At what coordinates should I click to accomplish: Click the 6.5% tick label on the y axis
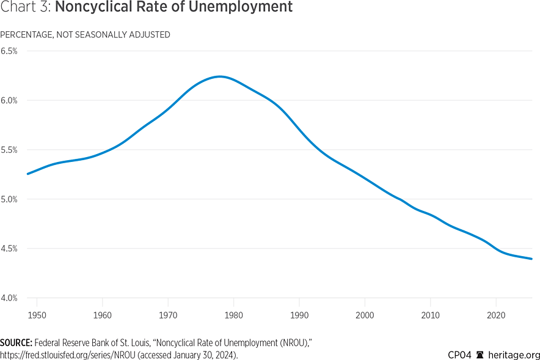click(9, 51)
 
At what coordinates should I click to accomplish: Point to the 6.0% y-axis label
click(9, 100)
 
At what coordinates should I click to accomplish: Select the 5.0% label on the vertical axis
click(9, 199)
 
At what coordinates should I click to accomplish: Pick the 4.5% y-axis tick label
click(9, 249)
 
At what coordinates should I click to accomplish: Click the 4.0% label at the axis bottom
click(9, 298)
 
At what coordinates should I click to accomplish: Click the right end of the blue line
click(531, 259)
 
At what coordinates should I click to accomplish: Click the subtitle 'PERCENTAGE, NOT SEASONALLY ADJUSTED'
click(85, 35)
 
